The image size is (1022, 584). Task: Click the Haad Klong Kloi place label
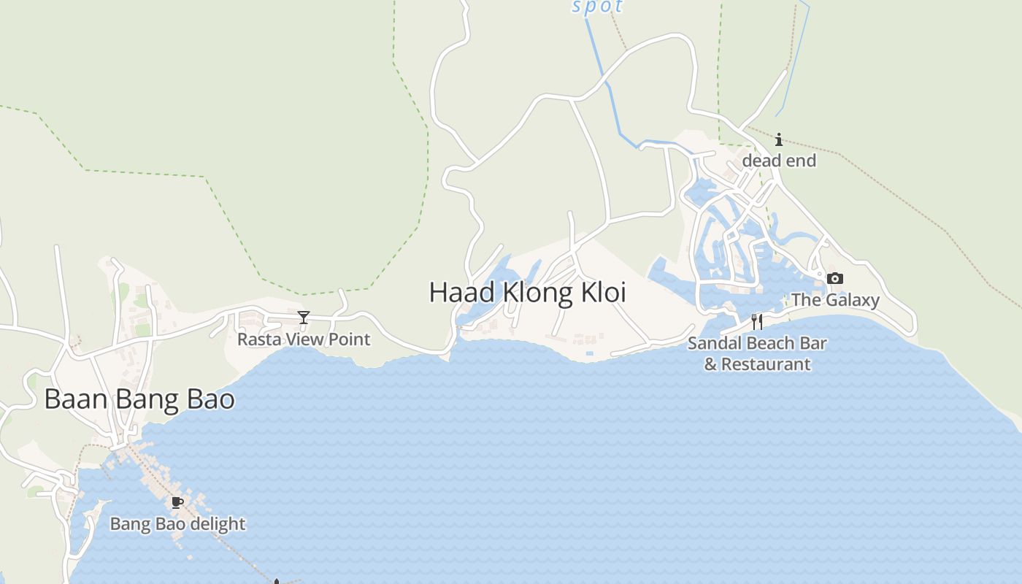pyautogui.click(x=527, y=292)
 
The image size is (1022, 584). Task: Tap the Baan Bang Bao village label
pyautogui.click(x=139, y=399)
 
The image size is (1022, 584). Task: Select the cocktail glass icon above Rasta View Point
pyautogui.click(x=304, y=318)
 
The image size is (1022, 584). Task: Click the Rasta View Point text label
pyautogui.click(x=304, y=339)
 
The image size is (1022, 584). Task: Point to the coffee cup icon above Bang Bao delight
pyautogui.click(x=177, y=502)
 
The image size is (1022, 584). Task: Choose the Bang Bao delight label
pyautogui.click(x=177, y=524)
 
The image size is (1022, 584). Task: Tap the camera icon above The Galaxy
pyautogui.click(x=835, y=278)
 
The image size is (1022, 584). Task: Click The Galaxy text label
pyautogui.click(x=835, y=300)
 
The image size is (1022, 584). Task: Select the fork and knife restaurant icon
pyautogui.click(x=757, y=321)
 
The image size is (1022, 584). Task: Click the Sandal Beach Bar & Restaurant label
pyautogui.click(x=757, y=353)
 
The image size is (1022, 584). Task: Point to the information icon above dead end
pyautogui.click(x=779, y=139)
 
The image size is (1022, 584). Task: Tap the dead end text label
pyautogui.click(x=779, y=161)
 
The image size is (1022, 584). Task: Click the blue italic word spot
pyautogui.click(x=597, y=7)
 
